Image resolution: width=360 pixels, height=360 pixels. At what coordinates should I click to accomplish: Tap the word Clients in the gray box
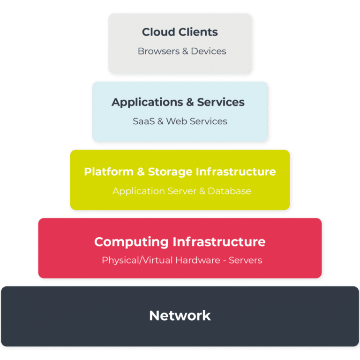click(x=199, y=32)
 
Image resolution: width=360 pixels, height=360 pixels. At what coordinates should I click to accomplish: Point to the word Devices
click(x=207, y=51)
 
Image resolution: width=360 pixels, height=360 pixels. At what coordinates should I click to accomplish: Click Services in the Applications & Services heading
click(x=221, y=102)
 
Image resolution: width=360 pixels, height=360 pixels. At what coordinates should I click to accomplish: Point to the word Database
click(x=229, y=191)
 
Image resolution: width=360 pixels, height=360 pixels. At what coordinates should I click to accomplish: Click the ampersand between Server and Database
click(x=202, y=191)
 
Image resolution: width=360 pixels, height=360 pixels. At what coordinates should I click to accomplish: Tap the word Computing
click(x=131, y=242)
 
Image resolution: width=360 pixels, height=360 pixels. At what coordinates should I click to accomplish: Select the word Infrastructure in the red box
click(x=219, y=242)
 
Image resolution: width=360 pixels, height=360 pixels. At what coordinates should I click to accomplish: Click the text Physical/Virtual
click(x=137, y=260)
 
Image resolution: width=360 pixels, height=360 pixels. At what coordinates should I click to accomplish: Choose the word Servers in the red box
click(x=245, y=260)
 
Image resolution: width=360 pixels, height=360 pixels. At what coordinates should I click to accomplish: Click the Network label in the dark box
click(x=180, y=315)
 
